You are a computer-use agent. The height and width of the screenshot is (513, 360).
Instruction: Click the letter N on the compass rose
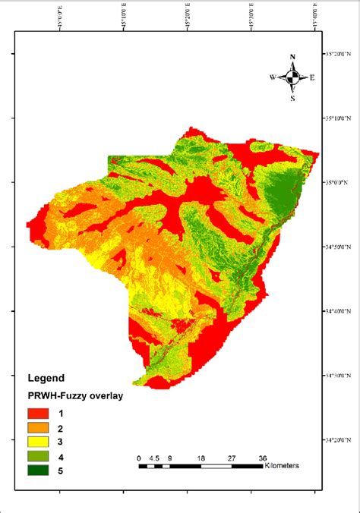(x=292, y=57)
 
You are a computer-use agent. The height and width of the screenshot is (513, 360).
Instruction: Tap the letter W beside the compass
(x=272, y=77)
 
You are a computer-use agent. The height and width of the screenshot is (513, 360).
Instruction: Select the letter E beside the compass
(x=311, y=77)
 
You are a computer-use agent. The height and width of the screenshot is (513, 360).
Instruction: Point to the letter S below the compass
(x=292, y=97)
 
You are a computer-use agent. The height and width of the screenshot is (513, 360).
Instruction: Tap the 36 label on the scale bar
(x=262, y=458)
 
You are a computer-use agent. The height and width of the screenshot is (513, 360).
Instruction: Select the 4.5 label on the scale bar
(x=155, y=458)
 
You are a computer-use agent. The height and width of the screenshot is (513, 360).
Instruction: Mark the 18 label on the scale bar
(x=201, y=458)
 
